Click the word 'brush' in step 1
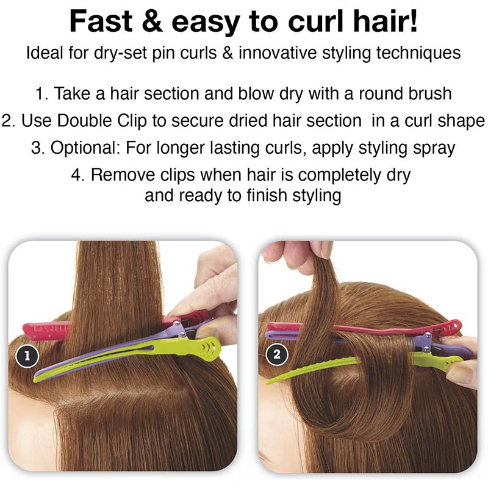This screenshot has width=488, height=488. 426,94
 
